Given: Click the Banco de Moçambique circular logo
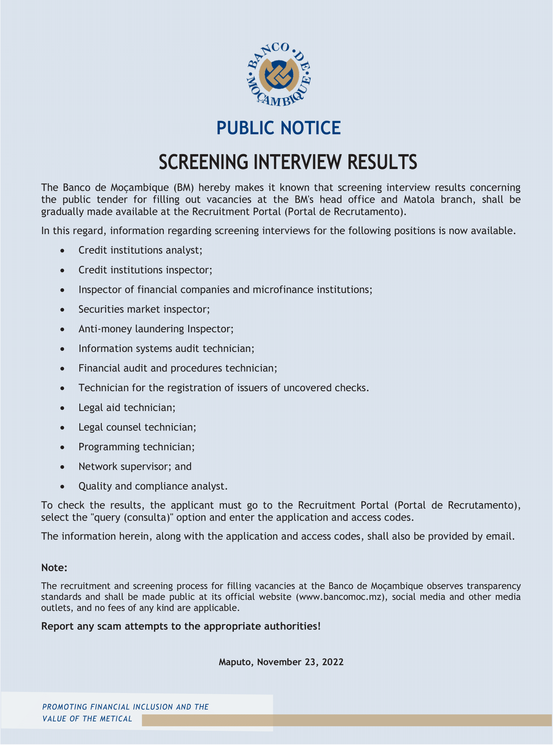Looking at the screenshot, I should [x=279, y=74].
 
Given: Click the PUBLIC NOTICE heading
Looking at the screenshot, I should [x=278, y=128].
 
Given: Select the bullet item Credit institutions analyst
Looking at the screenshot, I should [x=140, y=250].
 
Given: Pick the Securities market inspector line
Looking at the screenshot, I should [x=144, y=309].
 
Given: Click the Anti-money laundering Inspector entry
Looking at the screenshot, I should [x=156, y=329].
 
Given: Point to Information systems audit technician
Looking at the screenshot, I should [x=166, y=349].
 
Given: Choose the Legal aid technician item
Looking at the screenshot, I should [x=126, y=407].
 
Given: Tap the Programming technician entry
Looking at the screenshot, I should [x=136, y=447].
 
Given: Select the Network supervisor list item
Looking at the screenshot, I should [x=135, y=466].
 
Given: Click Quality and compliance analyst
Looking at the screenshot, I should [x=153, y=486].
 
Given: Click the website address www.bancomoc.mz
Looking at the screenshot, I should [x=340, y=597].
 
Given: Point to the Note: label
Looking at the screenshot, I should [x=54, y=568].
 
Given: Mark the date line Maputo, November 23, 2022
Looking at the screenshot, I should [x=281, y=662].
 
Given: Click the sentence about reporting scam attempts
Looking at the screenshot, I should [x=181, y=626].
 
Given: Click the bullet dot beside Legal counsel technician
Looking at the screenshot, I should [x=63, y=427].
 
